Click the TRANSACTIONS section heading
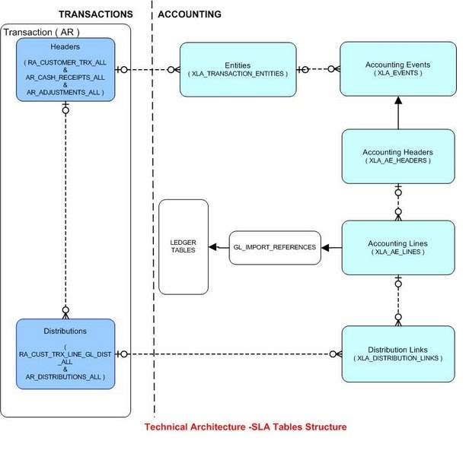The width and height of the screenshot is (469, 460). [x=95, y=14]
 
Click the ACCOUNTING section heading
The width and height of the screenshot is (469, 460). [x=190, y=14]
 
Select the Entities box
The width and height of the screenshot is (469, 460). [x=237, y=69]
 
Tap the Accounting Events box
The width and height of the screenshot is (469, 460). [x=397, y=69]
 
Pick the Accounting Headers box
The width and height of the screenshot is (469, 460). [x=397, y=156]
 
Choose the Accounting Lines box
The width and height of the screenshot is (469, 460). [x=397, y=247]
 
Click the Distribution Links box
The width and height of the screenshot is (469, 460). [x=398, y=354]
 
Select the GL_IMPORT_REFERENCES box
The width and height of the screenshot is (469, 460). [x=275, y=248]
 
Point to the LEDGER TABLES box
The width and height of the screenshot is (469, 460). [x=183, y=247]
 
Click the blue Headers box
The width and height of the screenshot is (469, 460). [x=65, y=70]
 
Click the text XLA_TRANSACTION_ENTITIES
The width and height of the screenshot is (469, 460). [x=237, y=74]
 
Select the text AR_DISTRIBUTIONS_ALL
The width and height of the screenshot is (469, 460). [x=65, y=376]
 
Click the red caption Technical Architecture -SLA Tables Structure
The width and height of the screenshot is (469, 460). [x=245, y=427]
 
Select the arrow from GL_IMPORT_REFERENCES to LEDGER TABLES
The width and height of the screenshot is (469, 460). [x=219, y=248]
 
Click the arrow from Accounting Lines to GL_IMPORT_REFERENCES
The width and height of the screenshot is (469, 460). [x=331, y=248]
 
